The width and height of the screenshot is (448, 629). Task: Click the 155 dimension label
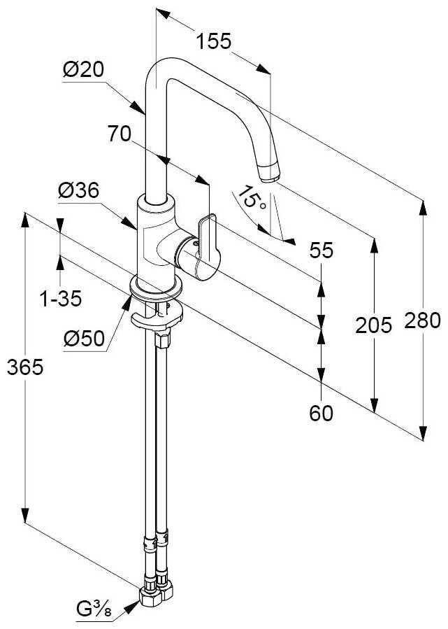pyautogui.click(x=212, y=42)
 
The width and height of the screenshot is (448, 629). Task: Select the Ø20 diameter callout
pyautogui.click(x=82, y=70)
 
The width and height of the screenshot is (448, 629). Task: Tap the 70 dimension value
pyautogui.click(x=120, y=133)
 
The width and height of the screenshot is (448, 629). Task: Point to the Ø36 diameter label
pyautogui.click(x=78, y=190)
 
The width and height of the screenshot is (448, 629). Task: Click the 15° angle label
pyautogui.click(x=252, y=199)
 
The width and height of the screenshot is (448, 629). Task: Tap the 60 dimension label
pyautogui.click(x=321, y=414)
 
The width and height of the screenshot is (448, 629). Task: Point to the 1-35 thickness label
pyautogui.click(x=61, y=299)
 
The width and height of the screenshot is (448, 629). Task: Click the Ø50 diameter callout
pyautogui.click(x=84, y=339)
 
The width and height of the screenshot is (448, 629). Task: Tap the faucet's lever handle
pyautogui.click(x=209, y=245)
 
